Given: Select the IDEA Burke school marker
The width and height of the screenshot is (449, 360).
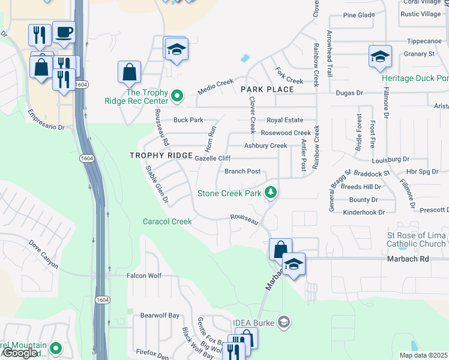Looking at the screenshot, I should point(284,323).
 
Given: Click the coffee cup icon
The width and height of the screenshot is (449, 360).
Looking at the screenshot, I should point(64,32).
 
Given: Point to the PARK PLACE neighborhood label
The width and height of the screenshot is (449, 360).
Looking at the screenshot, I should point(267,89).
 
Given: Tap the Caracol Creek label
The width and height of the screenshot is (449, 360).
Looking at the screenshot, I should point(167,221).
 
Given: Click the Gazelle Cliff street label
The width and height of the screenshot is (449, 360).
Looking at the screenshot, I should point(212,158).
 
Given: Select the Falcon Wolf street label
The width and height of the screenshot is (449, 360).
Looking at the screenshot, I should point(144,276).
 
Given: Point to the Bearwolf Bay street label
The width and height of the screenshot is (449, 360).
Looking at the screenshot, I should point(160,316).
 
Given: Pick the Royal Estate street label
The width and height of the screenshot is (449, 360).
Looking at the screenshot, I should point(285,120).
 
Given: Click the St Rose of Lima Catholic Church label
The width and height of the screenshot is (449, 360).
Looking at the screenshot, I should point(417,239).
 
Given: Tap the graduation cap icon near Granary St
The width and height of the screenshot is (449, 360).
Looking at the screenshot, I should point(380,57).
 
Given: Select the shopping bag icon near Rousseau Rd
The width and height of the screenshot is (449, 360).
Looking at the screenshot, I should point(129,73).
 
